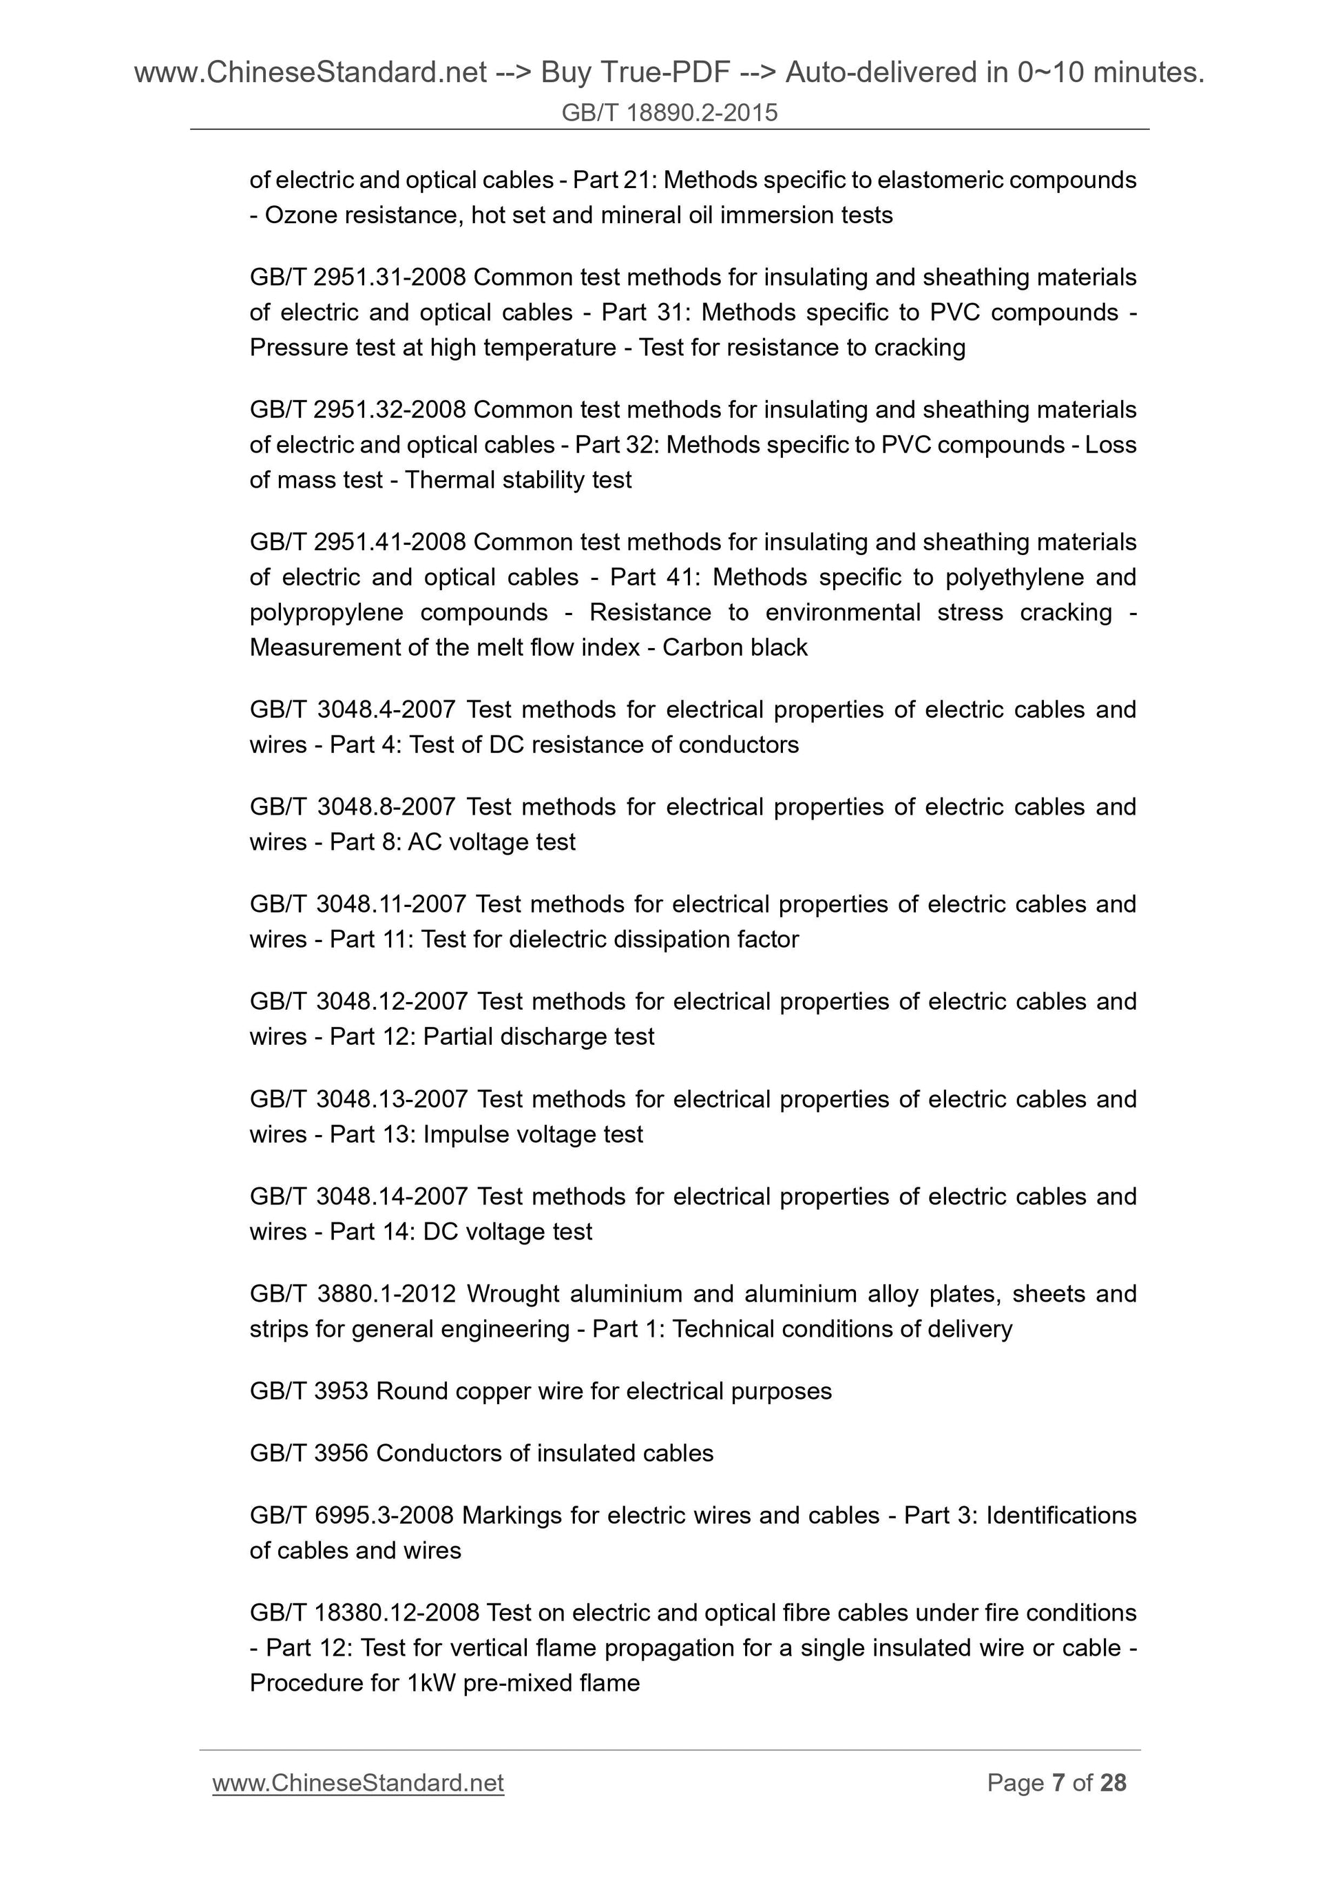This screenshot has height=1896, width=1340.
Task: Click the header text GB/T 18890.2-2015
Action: point(669,112)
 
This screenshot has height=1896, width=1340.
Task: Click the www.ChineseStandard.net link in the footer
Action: point(357,1783)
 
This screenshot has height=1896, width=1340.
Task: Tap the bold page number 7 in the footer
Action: point(1057,1783)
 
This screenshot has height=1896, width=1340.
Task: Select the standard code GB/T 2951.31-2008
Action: point(357,278)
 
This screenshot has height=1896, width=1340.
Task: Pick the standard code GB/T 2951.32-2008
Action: point(357,410)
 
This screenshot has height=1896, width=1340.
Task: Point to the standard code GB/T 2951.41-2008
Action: point(357,542)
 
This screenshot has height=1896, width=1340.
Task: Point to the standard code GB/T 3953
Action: point(308,1391)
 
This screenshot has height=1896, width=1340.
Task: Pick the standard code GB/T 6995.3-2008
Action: point(351,1515)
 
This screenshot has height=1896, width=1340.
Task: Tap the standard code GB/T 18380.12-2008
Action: point(364,1613)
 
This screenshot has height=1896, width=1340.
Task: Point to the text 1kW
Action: point(431,1683)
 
